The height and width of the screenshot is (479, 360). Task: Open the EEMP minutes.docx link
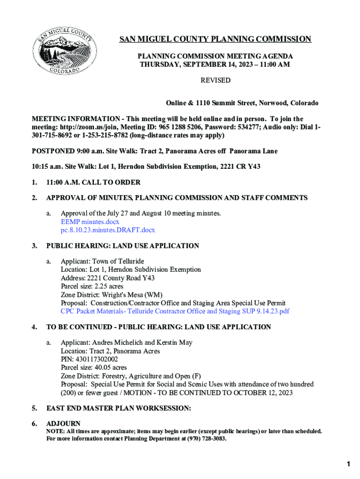click(90, 222)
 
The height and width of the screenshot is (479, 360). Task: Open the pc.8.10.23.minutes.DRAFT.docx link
click(108, 230)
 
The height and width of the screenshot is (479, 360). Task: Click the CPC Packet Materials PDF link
click(175, 311)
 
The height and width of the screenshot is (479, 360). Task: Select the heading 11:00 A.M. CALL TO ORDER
click(93, 182)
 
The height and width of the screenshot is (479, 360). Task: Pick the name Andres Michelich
click(118, 343)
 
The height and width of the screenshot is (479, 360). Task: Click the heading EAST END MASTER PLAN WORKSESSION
click(118, 408)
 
